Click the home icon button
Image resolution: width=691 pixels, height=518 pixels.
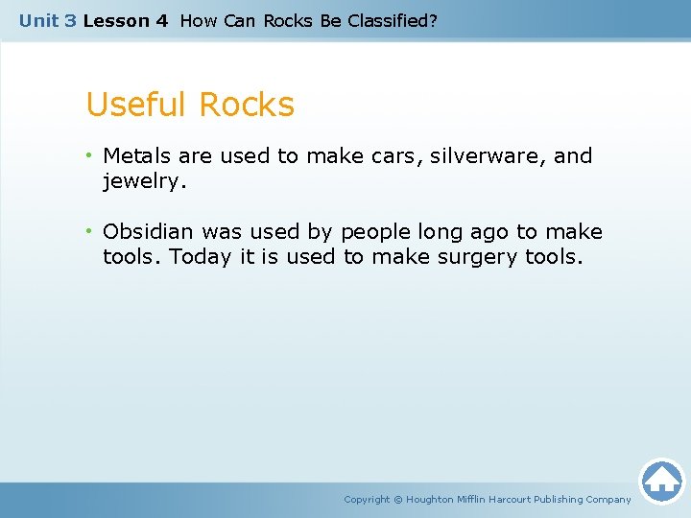click(661, 481)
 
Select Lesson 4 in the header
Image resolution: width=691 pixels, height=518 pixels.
click(125, 20)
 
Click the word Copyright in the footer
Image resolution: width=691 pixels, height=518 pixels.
click(367, 499)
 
